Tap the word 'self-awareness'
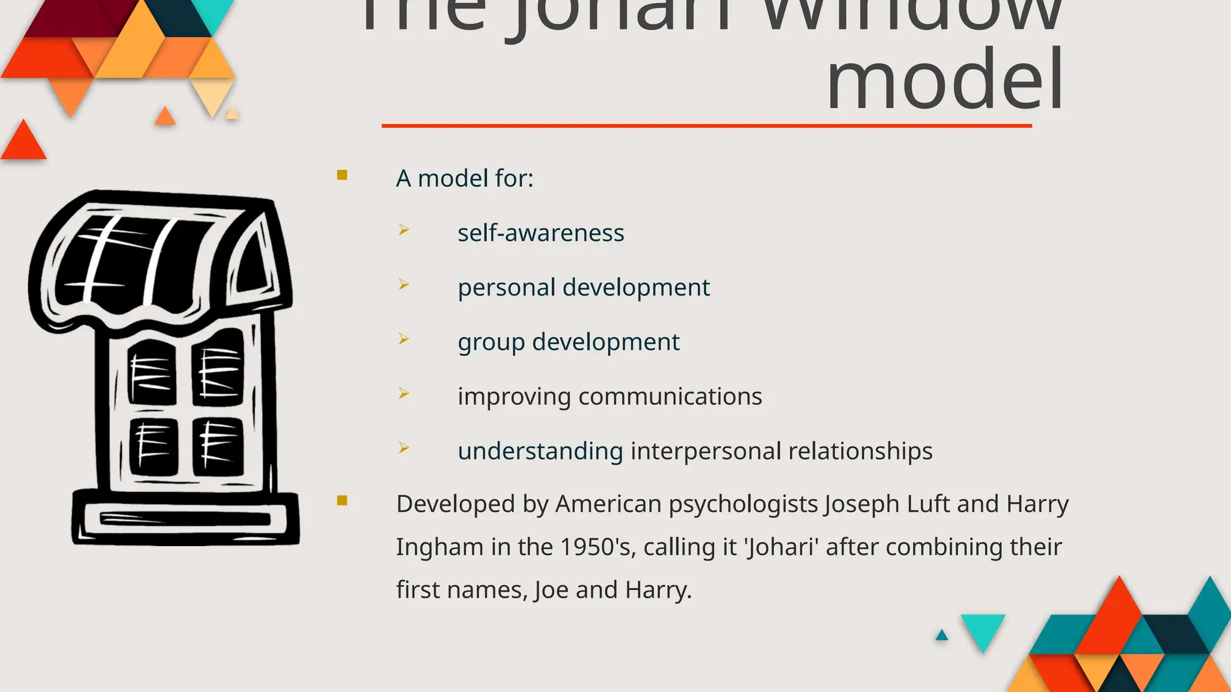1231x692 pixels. click(x=540, y=233)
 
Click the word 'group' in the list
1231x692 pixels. click(x=491, y=342)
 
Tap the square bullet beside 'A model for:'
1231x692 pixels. click(x=343, y=175)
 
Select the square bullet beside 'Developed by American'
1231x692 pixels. click(x=343, y=501)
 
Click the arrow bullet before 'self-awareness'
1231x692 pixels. click(x=404, y=230)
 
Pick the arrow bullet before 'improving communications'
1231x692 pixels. click(x=404, y=393)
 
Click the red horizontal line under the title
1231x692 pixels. click(x=706, y=126)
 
